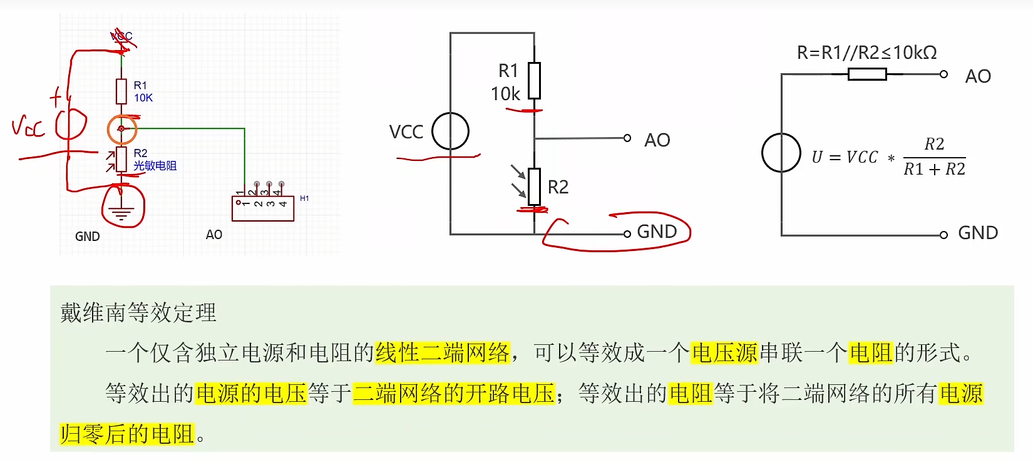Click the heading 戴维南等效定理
(x=138, y=312)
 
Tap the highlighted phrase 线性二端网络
(x=443, y=353)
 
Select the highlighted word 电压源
(x=724, y=353)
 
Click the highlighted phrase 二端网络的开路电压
(x=454, y=394)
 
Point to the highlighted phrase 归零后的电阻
(x=127, y=434)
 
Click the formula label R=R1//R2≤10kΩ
(x=866, y=53)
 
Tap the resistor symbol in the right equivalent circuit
(x=867, y=74)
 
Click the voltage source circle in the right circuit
(x=781, y=153)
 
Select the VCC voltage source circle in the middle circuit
(x=450, y=131)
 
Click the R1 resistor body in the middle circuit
(x=534, y=81)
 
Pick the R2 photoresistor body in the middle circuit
(x=534, y=187)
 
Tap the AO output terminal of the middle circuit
(x=627, y=138)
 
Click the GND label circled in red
(x=657, y=232)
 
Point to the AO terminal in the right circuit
(x=943, y=74)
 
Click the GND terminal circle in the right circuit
(x=943, y=235)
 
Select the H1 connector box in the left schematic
(x=263, y=208)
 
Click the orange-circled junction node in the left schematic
(x=121, y=129)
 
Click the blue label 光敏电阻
(x=155, y=166)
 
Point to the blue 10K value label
(x=143, y=98)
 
